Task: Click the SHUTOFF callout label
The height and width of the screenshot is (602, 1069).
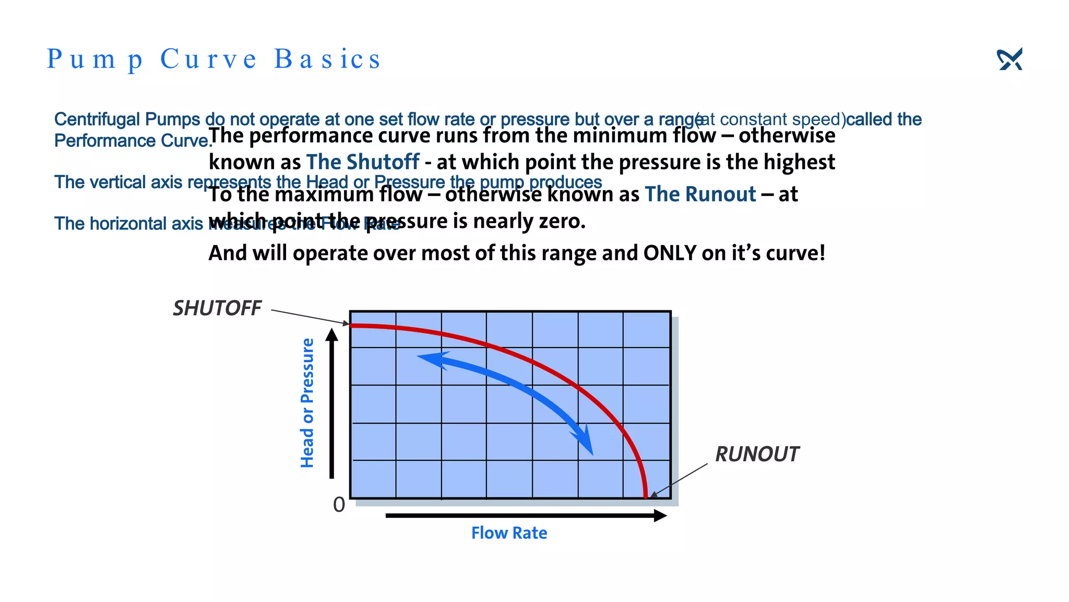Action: coord(217,308)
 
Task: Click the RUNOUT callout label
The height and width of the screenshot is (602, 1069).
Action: coord(756,454)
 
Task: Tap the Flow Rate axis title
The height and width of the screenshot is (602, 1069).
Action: coord(509,533)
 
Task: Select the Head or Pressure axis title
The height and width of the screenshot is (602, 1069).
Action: coord(307,402)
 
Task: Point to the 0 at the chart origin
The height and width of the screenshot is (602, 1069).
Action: coord(339,505)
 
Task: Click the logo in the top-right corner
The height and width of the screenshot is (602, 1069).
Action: coord(1009,59)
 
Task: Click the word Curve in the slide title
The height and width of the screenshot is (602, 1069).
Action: coord(208,59)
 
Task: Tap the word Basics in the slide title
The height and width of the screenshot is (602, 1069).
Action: coord(327,59)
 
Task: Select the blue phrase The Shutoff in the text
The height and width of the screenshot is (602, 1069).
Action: coord(363,162)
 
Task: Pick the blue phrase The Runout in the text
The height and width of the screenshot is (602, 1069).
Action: coord(700,194)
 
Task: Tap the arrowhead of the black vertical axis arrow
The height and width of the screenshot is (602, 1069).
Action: coord(331,334)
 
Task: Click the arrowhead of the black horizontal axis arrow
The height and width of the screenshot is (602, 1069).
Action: coord(660,516)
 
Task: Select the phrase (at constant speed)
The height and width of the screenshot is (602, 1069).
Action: coord(770,120)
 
